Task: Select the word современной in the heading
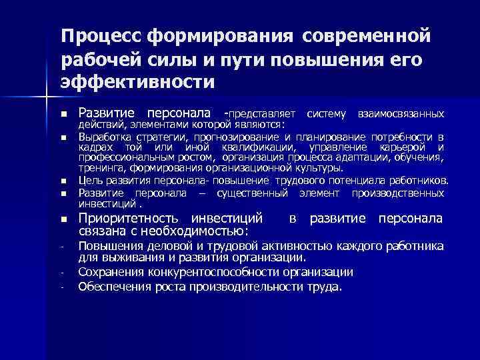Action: (x=370, y=35)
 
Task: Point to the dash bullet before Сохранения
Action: (x=62, y=273)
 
